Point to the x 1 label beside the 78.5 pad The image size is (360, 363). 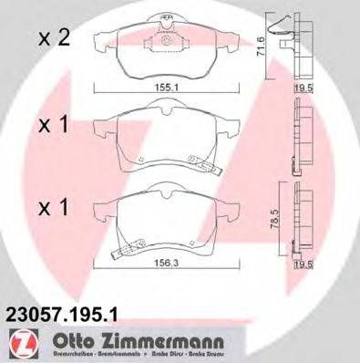(x=54, y=207)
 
